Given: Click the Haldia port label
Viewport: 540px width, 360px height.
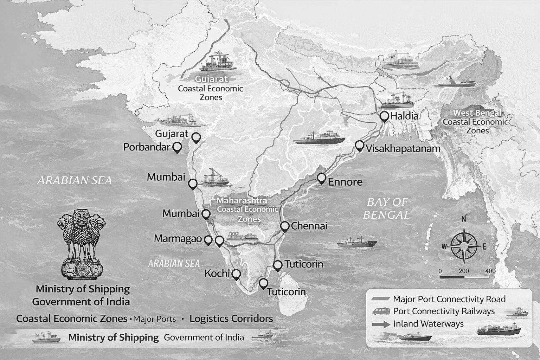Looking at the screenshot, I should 404,116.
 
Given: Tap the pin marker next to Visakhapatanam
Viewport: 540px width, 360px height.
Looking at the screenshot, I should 359,146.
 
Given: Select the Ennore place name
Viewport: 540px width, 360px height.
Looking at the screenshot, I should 345,182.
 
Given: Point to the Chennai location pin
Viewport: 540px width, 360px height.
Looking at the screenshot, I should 285,226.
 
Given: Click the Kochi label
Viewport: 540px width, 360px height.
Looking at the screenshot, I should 217,274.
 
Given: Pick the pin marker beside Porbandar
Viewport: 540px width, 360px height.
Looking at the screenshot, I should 177,147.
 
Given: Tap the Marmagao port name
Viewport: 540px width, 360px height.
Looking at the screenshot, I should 178,239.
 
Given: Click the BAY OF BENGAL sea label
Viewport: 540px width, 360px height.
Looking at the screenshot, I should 387,208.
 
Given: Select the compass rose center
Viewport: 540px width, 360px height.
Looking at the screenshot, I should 464,245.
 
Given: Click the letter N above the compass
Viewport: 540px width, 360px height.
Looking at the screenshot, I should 464,219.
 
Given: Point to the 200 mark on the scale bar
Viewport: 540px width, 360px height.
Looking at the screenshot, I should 464,271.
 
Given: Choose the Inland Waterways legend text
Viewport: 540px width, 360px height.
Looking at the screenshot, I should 428,324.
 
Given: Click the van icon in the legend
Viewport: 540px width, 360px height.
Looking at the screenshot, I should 381,311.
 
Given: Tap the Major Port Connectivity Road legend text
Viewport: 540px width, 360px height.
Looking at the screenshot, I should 449,299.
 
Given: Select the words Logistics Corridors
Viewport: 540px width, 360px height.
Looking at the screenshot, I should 231,319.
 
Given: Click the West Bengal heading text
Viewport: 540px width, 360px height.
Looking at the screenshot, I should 477,113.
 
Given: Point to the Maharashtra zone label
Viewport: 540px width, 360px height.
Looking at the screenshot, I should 242,201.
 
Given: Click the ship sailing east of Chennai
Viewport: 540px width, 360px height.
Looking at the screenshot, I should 357,242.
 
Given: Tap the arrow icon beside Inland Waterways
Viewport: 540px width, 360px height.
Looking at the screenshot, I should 381,324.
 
